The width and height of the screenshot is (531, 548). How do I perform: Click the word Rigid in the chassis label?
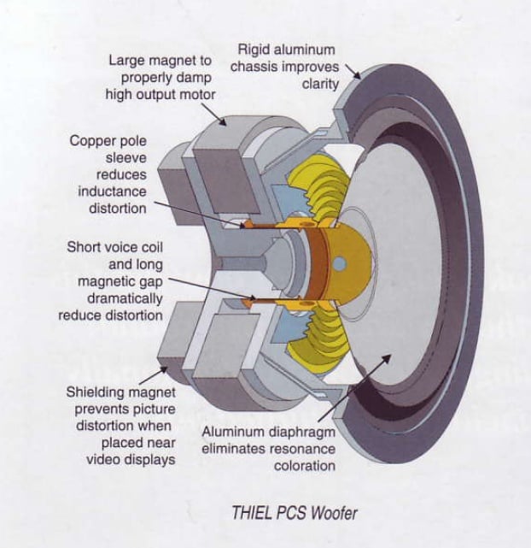(x=256, y=50)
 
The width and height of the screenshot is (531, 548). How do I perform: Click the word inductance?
(x=112, y=192)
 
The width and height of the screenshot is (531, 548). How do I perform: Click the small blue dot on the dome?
(x=340, y=265)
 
